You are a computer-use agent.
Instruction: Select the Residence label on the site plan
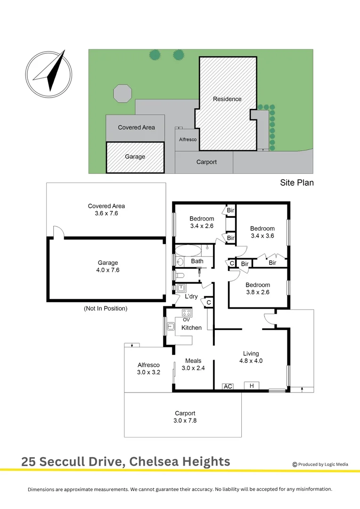227,99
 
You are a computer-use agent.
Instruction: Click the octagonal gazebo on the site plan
123,93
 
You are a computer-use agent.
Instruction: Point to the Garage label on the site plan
135,156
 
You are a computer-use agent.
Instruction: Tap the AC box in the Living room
228,386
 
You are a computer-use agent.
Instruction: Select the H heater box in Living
252,386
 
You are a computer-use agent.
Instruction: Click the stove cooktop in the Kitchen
187,312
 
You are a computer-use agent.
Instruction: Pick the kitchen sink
171,326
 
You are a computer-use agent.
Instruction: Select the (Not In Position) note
106,309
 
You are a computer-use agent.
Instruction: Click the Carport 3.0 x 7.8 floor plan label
185,417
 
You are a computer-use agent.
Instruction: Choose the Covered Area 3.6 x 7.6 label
106,210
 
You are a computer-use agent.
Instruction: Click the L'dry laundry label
191,296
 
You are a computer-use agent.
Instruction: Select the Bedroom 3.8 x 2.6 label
258,288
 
